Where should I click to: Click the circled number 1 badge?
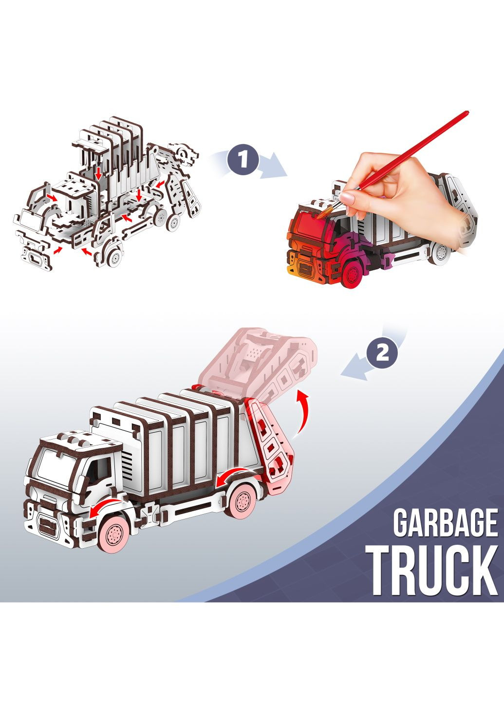[x=243, y=160]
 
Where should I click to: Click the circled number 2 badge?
[x=382, y=353]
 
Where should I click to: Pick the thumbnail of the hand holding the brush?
[x=347, y=197]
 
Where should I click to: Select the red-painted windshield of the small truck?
[x=312, y=223]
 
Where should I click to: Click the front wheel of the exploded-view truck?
[x=113, y=258]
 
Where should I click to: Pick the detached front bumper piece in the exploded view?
[x=36, y=257]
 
